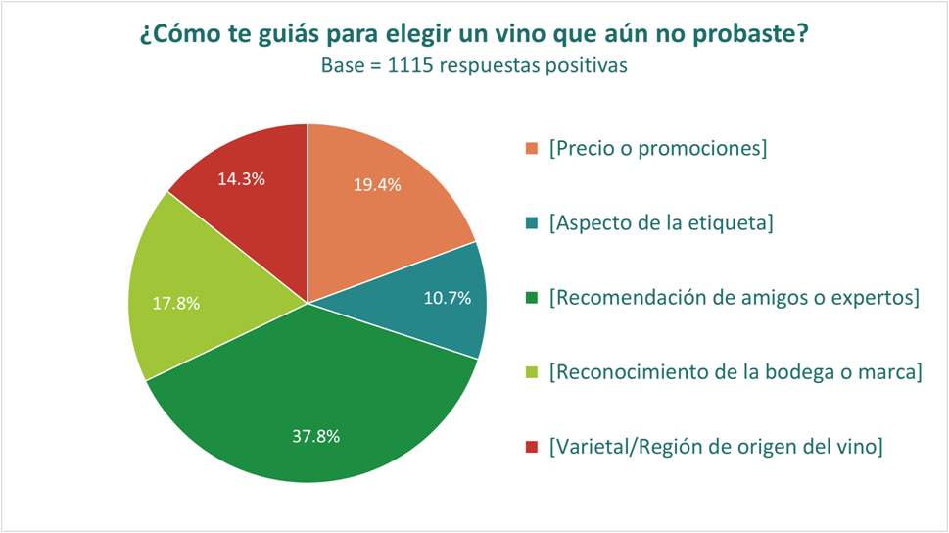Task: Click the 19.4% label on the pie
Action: click(377, 185)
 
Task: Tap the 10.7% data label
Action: click(448, 298)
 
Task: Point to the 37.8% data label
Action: click(316, 436)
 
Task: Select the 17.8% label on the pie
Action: click(176, 303)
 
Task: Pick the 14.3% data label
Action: click(242, 178)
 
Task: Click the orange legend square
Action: click(532, 148)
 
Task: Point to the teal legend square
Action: click(532, 222)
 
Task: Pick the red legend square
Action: click(532, 447)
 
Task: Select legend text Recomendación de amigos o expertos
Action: click(735, 298)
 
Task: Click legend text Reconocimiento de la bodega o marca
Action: click(735, 372)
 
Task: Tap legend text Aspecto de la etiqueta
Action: click(661, 222)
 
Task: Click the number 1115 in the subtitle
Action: click(409, 65)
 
